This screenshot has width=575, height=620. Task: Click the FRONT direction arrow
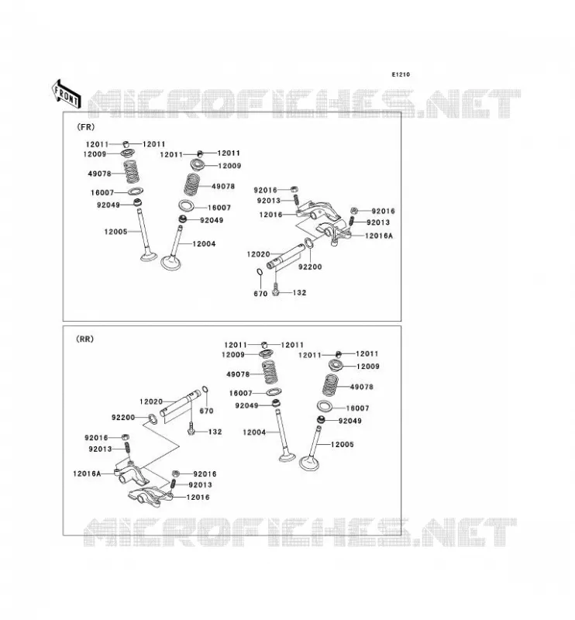coord(66,94)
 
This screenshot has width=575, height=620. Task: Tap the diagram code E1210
coord(401,74)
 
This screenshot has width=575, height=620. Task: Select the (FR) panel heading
coord(85,127)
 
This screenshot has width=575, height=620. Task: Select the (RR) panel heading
coord(84,339)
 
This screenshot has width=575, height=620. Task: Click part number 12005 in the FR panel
coord(115,232)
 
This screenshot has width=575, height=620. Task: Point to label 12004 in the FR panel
coord(204,244)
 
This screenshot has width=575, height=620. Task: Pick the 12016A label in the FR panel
coord(379,236)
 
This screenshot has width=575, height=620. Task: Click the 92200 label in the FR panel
coord(310,267)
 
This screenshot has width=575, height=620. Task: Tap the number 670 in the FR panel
coord(260,294)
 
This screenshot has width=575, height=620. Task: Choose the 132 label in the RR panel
coord(215,432)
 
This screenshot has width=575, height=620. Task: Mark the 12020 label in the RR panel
coord(151,401)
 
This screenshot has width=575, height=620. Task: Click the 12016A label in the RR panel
coord(87,474)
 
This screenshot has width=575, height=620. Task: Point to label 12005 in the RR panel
coord(343,444)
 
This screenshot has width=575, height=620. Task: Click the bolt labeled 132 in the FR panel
coord(277,290)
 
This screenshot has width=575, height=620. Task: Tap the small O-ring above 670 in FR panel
coord(260,273)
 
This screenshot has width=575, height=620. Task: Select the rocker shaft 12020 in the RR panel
coord(181,402)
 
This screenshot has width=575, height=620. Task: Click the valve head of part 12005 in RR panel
coord(309,463)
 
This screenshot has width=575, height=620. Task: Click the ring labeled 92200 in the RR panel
coord(152,419)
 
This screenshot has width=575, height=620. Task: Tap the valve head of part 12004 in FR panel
coord(170,263)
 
